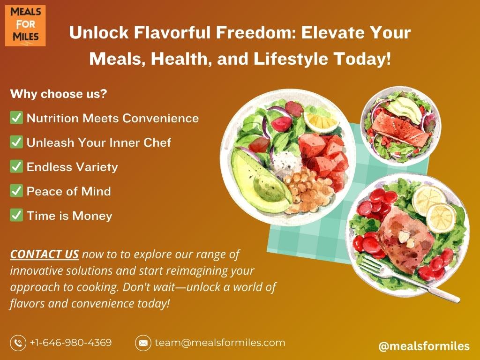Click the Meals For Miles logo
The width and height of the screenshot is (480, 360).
click(x=25, y=26)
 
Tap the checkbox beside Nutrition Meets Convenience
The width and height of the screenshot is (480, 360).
click(x=16, y=118)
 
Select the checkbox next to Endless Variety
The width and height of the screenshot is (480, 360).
click(x=16, y=166)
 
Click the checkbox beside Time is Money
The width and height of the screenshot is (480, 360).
click(x=16, y=215)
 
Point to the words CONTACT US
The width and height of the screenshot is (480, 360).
click(x=45, y=255)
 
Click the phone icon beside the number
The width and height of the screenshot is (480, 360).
click(x=18, y=343)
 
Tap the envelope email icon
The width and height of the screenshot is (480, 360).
click(x=143, y=343)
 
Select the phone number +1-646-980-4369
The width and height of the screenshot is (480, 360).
click(x=71, y=342)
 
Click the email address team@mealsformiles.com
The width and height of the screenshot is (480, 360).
click(x=220, y=342)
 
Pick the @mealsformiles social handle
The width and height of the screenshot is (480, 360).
click(x=424, y=346)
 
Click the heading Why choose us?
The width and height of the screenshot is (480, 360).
click(x=59, y=94)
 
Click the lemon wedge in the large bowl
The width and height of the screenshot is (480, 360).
click(x=321, y=122)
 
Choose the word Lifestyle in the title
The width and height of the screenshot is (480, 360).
click(x=291, y=59)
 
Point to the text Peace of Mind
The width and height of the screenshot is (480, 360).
click(x=68, y=191)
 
